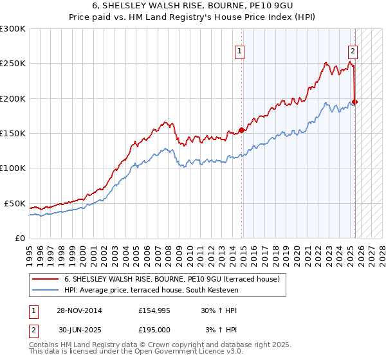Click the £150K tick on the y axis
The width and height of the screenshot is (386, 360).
coord(13,133)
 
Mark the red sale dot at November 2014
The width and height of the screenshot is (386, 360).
coord(242,130)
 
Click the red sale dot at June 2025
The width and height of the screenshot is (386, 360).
coord(355,102)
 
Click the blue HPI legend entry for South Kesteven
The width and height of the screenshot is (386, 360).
coord(151,291)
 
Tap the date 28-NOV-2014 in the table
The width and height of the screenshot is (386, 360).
coord(80,310)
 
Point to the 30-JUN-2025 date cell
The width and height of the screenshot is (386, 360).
coord(80,330)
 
